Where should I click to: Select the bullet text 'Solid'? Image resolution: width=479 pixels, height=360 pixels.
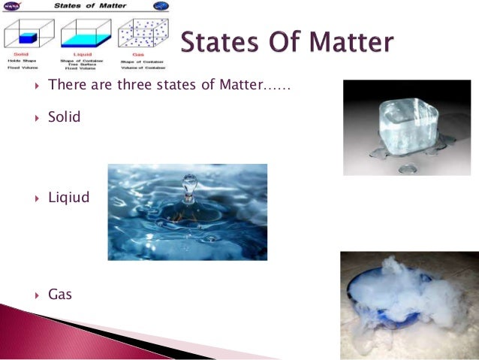click(x=64, y=118)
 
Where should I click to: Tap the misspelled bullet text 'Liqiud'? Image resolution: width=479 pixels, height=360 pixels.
click(x=68, y=198)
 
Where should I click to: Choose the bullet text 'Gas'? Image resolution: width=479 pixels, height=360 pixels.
click(x=60, y=294)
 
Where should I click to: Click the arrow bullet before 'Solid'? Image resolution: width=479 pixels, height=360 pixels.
click(x=37, y=119)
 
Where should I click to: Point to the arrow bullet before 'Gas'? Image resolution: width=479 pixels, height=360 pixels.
click(x=37, y=295)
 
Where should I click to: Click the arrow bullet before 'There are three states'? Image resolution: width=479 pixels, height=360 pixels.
click(x=37, y=85)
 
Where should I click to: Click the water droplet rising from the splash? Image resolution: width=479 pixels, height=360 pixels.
click(x=190, y=183)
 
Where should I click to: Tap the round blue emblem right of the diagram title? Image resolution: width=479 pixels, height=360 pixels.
click(x=160, y=6)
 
